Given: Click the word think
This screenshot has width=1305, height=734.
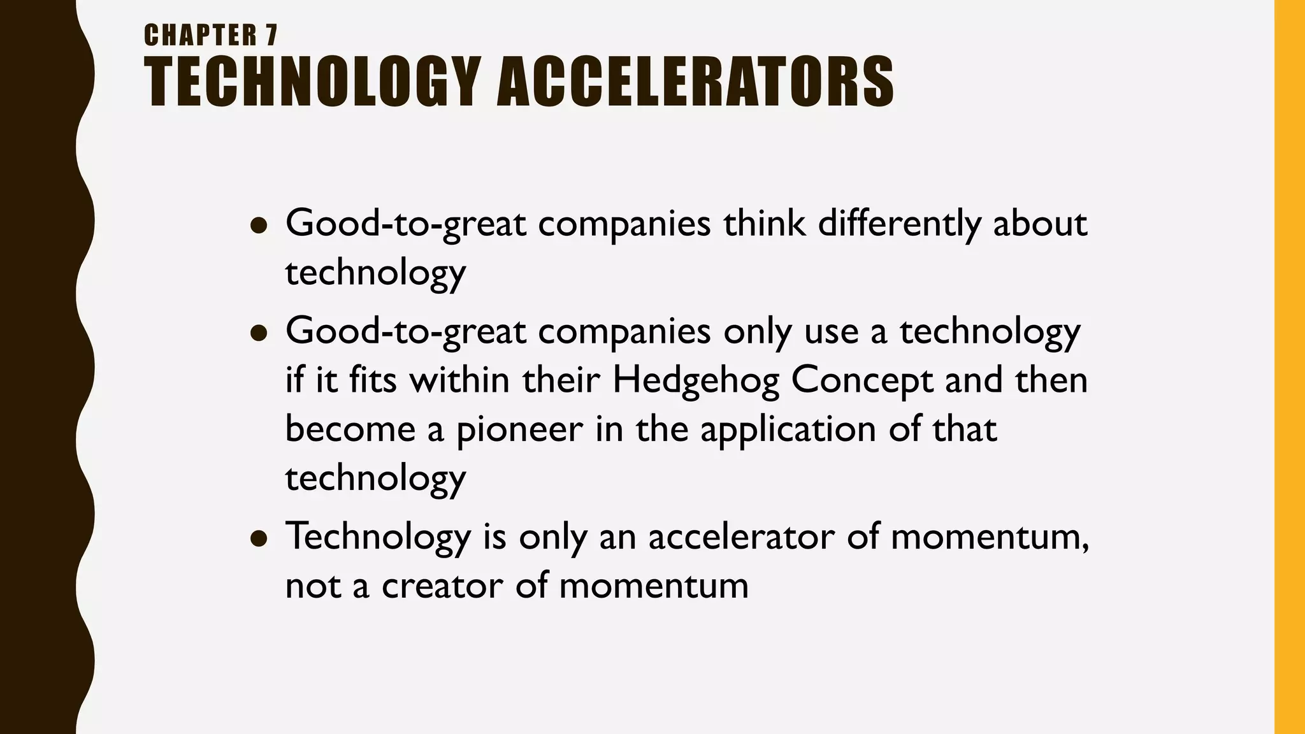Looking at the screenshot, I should tap(764, 224).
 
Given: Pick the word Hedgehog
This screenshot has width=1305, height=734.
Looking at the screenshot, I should tap(695, 380).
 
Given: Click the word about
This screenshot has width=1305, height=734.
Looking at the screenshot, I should tap(1040, 224).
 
